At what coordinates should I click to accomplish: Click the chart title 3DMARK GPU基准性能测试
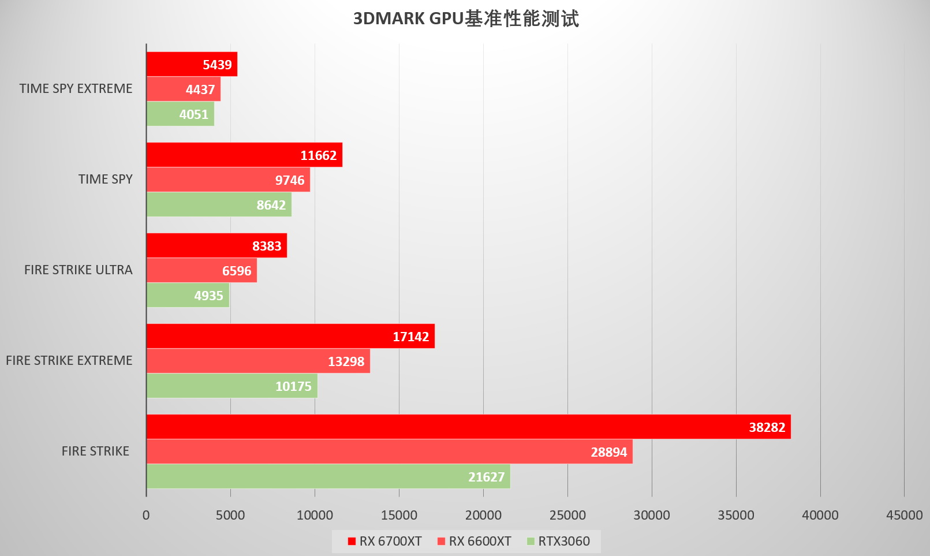pos(465,18)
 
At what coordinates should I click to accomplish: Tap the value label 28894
pos(608,452)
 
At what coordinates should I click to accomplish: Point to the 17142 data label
pos(410,337)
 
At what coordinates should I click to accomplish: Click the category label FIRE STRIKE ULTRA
pos(78,270)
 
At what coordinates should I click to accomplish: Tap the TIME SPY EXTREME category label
pos(76,88)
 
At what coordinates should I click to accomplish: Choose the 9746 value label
pos(289,180)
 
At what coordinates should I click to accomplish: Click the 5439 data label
pos(217,65)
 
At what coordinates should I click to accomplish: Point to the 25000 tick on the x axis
pos(567,515)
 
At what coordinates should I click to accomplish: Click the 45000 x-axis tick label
pos(904,515)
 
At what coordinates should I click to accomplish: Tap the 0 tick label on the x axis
pos(146,515)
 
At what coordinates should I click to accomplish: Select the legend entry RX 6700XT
pos(384,542)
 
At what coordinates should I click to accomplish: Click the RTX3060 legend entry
pos(558,542)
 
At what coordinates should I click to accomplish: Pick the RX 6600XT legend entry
pos(475,542)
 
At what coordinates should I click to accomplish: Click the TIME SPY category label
pos(105,179)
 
